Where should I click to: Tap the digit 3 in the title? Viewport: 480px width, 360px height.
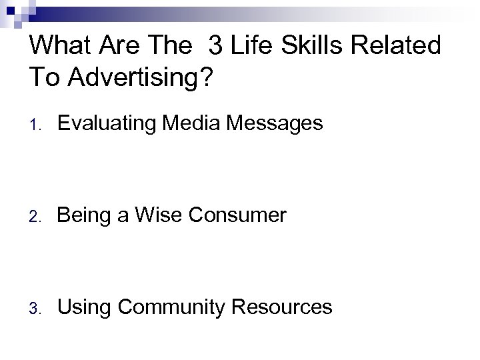(215, 46)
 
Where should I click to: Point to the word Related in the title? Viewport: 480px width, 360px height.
(399, 46)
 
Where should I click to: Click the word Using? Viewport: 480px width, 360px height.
(83, 307)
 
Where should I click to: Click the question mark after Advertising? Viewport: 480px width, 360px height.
(204, 77)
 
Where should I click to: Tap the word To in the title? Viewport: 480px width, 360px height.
(43, 77)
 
